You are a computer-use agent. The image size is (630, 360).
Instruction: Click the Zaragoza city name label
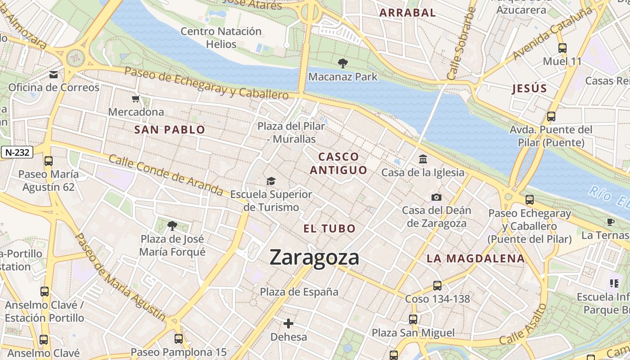(315, 257)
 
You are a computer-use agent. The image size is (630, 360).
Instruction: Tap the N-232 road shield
(18, 153)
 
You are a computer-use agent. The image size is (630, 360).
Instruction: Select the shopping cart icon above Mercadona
(136, 99)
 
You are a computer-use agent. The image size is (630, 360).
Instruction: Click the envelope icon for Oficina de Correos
(54, 74)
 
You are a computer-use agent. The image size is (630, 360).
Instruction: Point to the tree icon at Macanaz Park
(342, 63)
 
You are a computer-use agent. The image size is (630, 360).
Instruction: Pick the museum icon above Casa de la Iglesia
(423, 159)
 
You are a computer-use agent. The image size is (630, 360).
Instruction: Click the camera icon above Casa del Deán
(436, 197)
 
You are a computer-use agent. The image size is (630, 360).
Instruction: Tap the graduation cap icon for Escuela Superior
(271, 181)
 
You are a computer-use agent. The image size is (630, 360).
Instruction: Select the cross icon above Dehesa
(288, 323)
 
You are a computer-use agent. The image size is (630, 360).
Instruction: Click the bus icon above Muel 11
(562, 48)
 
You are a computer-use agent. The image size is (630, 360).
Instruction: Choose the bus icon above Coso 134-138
(437, 285)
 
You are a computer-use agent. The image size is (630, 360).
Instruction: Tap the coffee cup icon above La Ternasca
(611, 222)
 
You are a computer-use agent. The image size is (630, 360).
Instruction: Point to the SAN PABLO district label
(170, 130)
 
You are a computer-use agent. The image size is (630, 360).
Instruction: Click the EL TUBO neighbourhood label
(329, 229)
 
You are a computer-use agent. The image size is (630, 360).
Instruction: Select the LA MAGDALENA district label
(476, 259)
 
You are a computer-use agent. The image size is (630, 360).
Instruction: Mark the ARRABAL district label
(408, 13)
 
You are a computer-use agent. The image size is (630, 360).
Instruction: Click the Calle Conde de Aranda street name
(166, 175)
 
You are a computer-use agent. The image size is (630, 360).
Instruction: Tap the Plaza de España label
(299, 292)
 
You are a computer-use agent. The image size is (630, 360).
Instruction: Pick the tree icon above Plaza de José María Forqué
(172, 225)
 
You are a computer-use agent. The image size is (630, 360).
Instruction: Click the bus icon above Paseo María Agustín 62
(48, 161)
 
